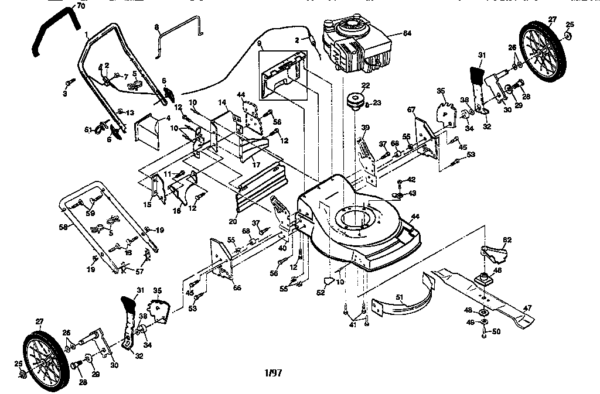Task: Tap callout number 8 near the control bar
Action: click(x=156, y=28)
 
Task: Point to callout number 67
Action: click(x=411, y=110)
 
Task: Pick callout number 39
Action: click(x=365, y=128)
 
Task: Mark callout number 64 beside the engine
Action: click(x=407, y=34)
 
